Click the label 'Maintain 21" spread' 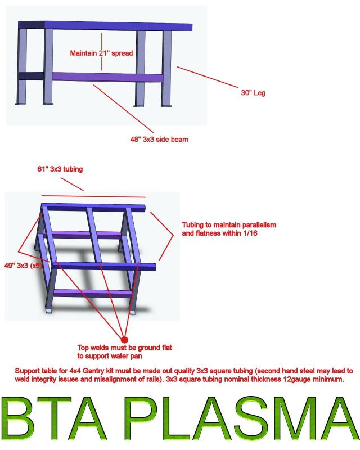tap(101, 53)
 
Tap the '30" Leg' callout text tap(253, 93)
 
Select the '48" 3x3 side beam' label tap(159, 139)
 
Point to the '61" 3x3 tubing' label tap(60, 169)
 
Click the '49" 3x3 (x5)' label tap(23, 265)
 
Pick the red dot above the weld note tap(124, 340)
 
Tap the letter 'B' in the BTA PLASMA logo tap(17, 418)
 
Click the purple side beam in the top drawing tap(107, 77)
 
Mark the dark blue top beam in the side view tap(105, 26)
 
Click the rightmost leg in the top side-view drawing tap(166, 68)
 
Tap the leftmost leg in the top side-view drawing tap(22, 66)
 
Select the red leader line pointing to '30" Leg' tap(207, 77)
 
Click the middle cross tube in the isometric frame tap(94, 235)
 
